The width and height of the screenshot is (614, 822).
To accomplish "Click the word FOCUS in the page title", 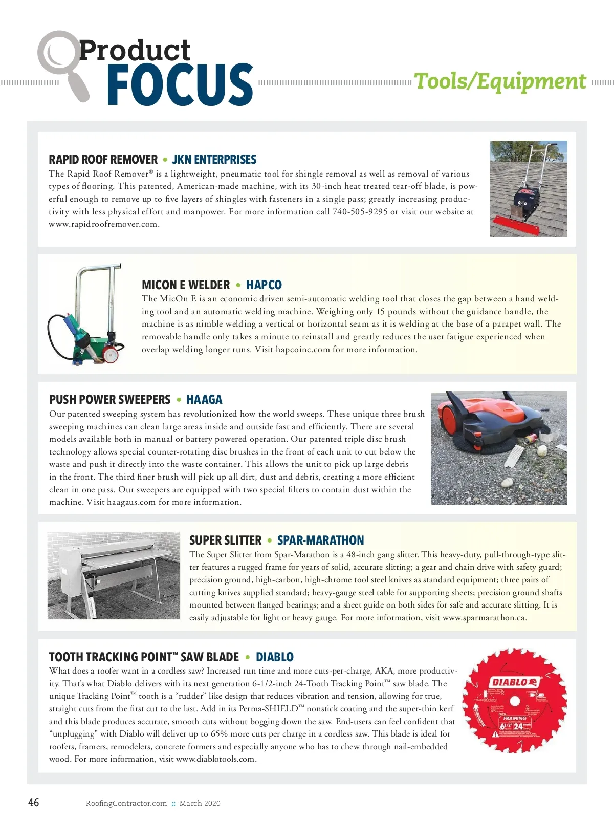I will (180, 84).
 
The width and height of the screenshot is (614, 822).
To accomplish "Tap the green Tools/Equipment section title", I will (500, 81).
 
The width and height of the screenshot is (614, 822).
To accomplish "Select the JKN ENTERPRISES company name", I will (214, 159).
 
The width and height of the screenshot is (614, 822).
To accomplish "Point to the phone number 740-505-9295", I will (360, 212).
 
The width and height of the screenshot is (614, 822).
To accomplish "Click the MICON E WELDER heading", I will (186, 285).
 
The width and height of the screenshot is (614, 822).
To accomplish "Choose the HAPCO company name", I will (264, 285).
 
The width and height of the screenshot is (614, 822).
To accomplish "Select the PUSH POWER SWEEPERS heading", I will (109, 399).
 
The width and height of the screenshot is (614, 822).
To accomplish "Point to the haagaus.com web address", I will (131, 502).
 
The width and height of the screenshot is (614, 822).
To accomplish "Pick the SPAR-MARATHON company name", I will (320, 540).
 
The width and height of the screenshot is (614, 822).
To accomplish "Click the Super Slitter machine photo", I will (114, 576).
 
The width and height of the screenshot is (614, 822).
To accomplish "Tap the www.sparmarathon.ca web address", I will (485, 618).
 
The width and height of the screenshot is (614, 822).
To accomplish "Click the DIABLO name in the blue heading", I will (274, 657).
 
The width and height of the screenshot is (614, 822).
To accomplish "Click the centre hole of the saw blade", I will (514, 701).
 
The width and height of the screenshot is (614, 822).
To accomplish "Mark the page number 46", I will (33, 803).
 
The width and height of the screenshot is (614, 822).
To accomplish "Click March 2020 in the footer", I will (200, 803).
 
